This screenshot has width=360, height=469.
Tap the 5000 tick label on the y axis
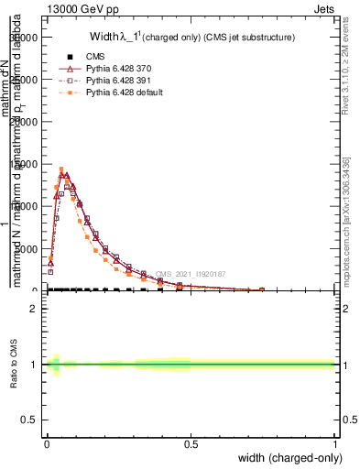tap(29, 248)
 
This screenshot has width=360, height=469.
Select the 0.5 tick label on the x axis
tap(191, 444)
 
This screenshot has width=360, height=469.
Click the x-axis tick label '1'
tap(336, 444)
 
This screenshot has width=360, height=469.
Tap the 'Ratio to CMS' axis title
tap(15, 364)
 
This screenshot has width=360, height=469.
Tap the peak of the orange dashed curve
tap(61, 169)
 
